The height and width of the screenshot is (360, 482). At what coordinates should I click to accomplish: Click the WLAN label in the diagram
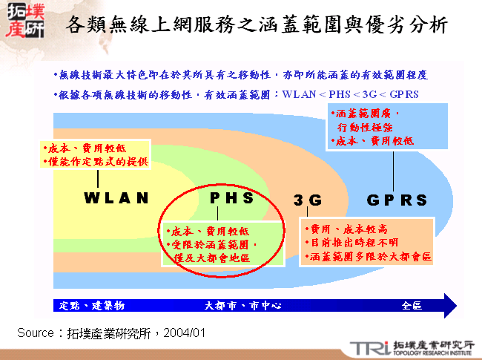(116, 198)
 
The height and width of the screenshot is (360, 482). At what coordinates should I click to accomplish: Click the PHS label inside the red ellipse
(232, 198)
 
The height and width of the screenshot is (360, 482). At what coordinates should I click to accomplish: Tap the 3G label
(307, 200)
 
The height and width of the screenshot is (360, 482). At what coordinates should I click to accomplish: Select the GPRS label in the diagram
(397, 200)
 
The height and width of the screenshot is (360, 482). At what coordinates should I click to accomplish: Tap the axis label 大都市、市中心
(237, 306)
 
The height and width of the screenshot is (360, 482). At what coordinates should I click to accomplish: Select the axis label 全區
(412, 306)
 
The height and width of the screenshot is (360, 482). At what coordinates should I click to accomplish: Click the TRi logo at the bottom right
(369, 347)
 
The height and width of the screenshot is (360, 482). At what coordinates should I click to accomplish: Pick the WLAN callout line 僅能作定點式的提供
(98, 161)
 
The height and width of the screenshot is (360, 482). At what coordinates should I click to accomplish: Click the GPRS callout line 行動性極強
(369, 127)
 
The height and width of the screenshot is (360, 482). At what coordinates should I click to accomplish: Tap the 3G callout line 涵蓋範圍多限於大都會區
(369, 257)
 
